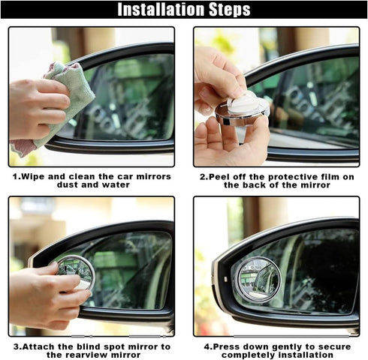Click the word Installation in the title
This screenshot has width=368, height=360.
(155, 10)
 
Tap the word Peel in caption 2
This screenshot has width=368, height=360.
(221, 176)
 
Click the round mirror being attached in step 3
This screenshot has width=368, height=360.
(74, 271)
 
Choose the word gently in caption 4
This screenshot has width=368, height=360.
(282, 346)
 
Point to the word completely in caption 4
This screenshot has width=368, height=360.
(247, 355)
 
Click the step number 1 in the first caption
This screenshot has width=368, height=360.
(15, 176)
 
